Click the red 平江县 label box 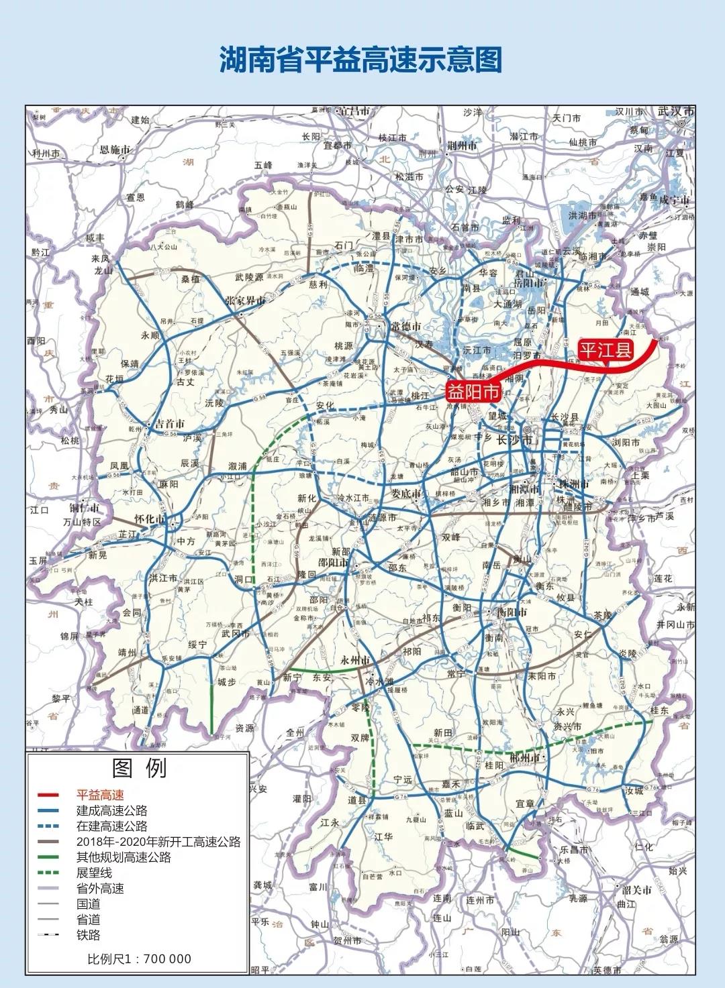(x=606, y=349)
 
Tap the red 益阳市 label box (x=474, y=392)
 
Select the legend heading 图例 (x=140, y=769)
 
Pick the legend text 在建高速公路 (x=111, y=826)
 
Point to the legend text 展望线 (x=94, y=873)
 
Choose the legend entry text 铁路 (x=88, y=935)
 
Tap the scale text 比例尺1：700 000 (x=139, y=959)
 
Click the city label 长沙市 (x=514, y=440)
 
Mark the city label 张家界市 (x=246, y=301)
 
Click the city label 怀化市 (x=150, y=519)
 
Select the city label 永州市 (x=356, y=661)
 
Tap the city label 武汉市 (x=675, y=111)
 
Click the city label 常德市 (x=406, y=327)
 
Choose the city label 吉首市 (x=170, y=424)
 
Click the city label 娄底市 (x=406, y=494)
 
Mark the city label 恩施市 (x=115, y=150)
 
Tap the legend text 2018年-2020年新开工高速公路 (x=158, y=842)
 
